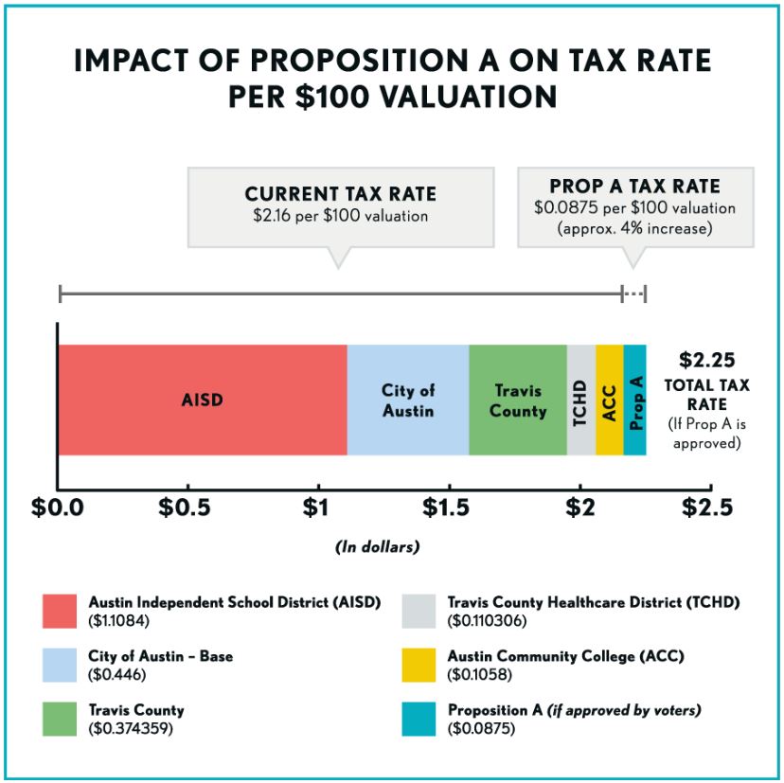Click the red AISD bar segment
point(202,400)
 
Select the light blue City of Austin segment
point(408,400)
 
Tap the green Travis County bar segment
point(518,400)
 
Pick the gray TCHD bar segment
point(581,400)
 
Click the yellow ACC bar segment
point(609,400)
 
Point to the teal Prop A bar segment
point(635,400)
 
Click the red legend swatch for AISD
point(61,611)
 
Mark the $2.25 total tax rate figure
point(707,360)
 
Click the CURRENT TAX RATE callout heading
point(341,194)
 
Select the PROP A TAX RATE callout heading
point(634,187)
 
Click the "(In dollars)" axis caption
point(377,547)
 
